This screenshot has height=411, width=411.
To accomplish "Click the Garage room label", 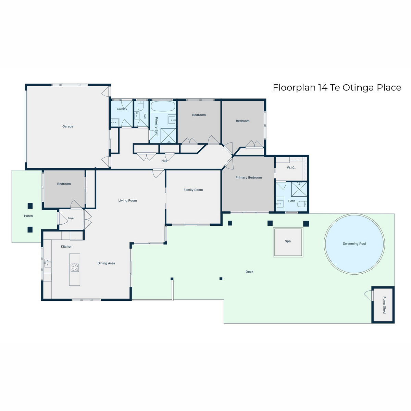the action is click(67, 126).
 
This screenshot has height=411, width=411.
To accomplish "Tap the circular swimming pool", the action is click(354, 244).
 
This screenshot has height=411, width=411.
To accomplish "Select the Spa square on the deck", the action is click(288, 242).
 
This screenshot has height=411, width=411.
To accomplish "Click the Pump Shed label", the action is click(384, 305).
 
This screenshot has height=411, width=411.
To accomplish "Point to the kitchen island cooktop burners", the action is click(75, 267).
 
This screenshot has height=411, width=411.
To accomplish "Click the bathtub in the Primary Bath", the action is click(163, 106).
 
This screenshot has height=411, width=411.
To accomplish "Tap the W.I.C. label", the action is click(291, 167).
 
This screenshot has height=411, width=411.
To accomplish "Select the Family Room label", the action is click(193, 190).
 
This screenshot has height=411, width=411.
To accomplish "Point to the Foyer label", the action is click(71, 218).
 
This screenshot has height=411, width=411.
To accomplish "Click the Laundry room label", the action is click(122, 109).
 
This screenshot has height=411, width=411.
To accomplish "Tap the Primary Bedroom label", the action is click(248, 177).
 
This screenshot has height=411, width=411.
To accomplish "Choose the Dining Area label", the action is click(106, 263).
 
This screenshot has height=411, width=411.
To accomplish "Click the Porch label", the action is click(28, 216).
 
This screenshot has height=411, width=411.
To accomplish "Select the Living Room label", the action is click(127, 200).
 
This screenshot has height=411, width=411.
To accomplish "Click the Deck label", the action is click(249, 272).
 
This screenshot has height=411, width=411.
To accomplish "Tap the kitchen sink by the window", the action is click(48, 263).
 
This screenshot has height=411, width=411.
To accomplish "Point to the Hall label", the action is click(164, 161).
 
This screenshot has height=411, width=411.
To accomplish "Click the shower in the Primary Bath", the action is click(168, 136).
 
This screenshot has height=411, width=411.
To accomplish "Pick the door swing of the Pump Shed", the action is click(368, 296).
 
